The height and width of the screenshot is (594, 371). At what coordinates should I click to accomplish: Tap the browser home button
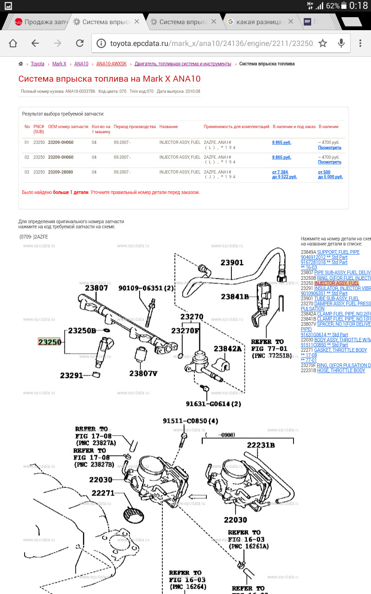pyautogui.click(x=13, y=43)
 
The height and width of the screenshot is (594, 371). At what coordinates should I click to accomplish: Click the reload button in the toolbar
pyautogui.click(x=80, y=43)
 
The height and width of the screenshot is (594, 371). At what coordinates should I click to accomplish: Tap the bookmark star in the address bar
pyautogui.click(x=323, y=43)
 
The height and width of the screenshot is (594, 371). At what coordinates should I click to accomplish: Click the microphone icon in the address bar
pyautogui.click(x=341, y=43)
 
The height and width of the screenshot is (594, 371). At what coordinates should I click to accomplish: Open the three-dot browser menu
pyautogui.click(x=360, y=43)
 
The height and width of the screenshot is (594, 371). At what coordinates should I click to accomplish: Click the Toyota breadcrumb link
pyautogui.click(x=38, y=64)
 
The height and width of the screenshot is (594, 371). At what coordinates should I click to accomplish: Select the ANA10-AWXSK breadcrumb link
pyautogui.click(x=111, y=64)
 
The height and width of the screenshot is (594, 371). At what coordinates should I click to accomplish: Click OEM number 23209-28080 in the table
pyautogui.click(x=61, y=172)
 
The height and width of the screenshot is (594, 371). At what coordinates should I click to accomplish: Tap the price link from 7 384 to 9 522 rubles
pyautogui.click(x=284, y=174)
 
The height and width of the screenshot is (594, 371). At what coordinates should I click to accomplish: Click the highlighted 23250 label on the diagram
pyautogui.click(x=49, y=342)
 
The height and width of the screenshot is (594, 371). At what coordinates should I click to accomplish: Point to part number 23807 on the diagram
pyautogui.click(x=96, y=288)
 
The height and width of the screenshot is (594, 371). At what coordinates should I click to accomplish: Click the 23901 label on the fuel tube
pyautogui.click(x=232, y=263)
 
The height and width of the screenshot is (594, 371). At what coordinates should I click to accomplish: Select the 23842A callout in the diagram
pyautogui.click(x=228, y=349)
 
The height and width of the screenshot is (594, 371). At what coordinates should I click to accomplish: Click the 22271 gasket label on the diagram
pyautogui.click(x=102, y=493)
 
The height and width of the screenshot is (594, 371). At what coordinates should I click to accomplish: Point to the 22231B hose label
pyautogui.click(x=261, y=445)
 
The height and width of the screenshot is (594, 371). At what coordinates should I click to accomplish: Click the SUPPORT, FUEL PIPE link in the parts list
pyautogui.click(x=338, y=252)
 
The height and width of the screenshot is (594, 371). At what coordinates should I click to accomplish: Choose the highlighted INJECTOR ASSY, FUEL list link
pyautogui.click(x=337, y=283)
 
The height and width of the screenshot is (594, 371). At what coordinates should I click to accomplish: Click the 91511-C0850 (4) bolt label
pyautogui.click(x=190, y=421)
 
